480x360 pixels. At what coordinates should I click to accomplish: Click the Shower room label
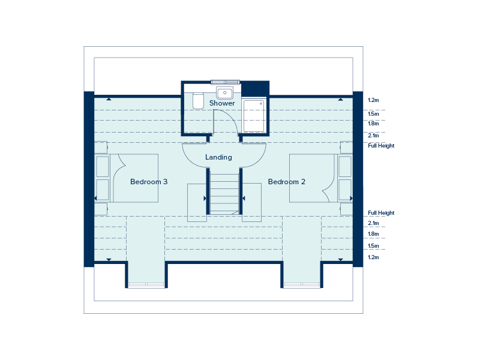coord(222,103)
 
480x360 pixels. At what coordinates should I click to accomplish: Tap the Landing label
coord(218,157)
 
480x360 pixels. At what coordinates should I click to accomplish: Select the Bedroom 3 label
coord(149,182)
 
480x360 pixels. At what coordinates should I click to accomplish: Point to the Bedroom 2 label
coord(287,182)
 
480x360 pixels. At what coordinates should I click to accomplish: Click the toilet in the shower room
coord(199,101)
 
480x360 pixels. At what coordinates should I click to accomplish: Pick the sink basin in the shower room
coord(224,92)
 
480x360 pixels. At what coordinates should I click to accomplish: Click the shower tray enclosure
coord(254,116)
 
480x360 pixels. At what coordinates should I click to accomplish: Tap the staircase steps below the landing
coord(224,193)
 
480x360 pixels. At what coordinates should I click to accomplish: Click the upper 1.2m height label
coord(373,100)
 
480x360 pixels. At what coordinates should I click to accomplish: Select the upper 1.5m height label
coord(373,114)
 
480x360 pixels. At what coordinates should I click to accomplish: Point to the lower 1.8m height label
coord(373,234)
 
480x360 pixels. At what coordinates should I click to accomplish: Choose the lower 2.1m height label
coord(373,223)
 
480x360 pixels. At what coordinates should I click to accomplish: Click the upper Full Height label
coord(381,146)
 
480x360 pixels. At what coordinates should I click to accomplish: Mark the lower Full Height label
coord(381,213)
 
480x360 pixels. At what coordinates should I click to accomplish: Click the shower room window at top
coord(225,82)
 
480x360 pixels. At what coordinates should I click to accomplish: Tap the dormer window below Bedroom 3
coord(146,285)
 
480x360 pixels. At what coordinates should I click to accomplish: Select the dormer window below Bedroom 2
coord(302,285)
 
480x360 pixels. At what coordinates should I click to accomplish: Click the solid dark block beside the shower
coord(256,88)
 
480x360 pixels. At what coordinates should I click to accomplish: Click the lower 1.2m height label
coord(373,257)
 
